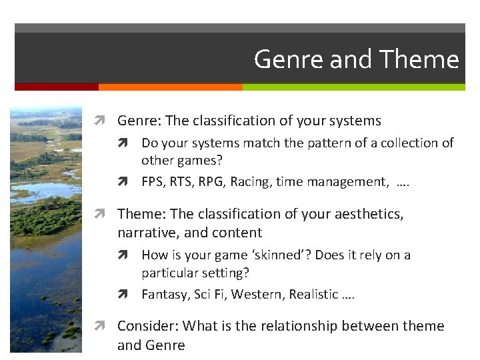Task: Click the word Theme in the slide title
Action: [419, 60]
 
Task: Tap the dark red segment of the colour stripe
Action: [57, 87]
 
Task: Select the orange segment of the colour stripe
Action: [170, 87]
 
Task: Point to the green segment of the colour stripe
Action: [353, 87]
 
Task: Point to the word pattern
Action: [319, 143]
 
